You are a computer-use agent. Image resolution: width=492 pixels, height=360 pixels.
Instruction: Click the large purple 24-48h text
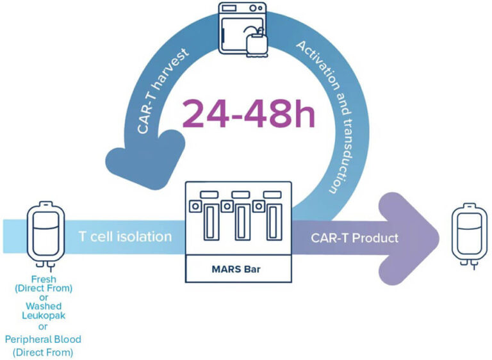[249, 114]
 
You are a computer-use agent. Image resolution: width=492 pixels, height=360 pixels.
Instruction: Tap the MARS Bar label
[238, 267]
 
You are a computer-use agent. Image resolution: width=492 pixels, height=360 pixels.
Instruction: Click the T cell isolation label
[125, 237]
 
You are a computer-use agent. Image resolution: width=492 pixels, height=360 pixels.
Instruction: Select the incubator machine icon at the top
[241, 29]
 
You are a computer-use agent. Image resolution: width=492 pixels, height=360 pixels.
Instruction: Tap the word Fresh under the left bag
[44, 279]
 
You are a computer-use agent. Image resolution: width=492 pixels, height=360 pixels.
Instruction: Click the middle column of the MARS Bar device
[242, 221]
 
